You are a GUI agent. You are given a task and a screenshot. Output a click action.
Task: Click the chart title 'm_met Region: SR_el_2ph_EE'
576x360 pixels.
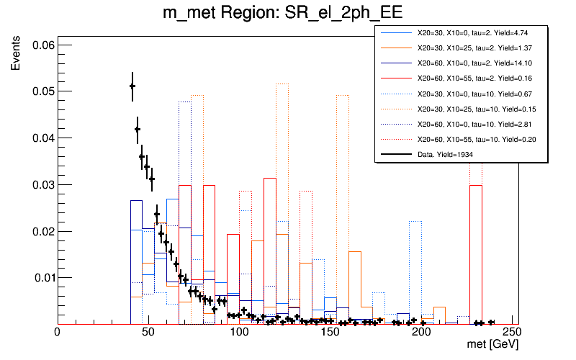(x=287, y=15)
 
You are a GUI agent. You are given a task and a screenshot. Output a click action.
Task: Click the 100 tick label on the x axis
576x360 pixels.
(x=238, y=334)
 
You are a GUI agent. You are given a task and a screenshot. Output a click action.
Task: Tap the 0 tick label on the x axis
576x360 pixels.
(x=57, y=334)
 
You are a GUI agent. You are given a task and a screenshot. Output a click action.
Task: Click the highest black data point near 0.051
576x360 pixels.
(x=132, y=86)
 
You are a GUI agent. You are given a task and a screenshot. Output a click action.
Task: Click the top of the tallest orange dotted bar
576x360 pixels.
(x=282, y=84)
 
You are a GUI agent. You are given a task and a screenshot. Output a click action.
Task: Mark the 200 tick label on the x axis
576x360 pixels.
(x=421, y=334)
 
